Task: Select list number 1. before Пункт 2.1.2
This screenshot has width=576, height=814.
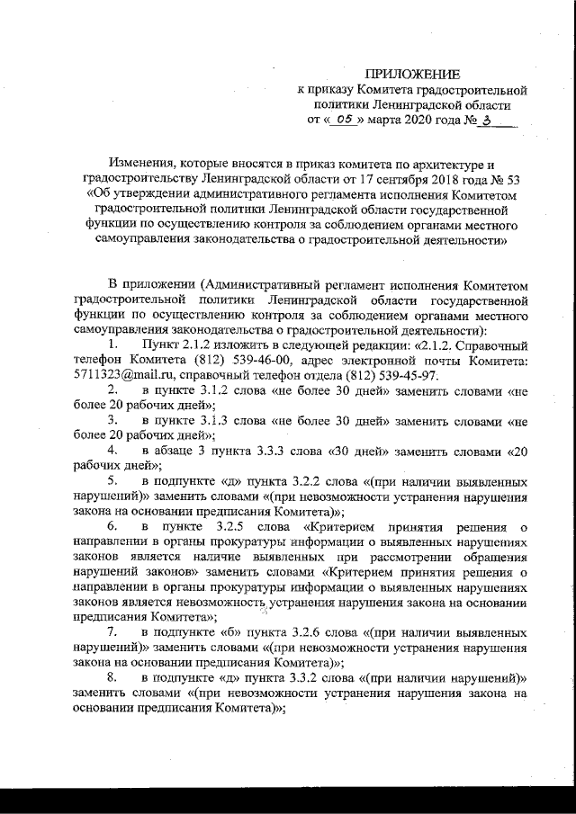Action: pos(112,346)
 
